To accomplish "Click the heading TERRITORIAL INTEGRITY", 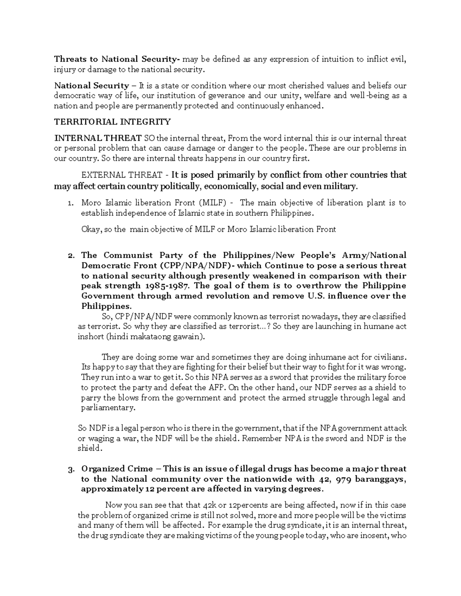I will pyautogui.click(x=112, y=122).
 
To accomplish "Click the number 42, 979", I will pyautogui.click(x=335, y=479).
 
